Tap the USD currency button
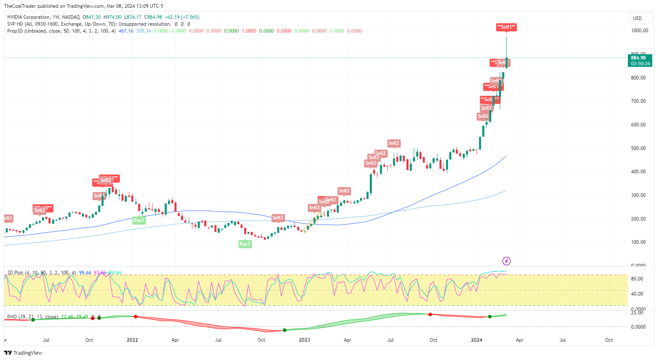click(x=637, y=18)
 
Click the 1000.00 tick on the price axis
click(x=639, y=31)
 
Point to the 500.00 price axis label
click(x=638, y=148)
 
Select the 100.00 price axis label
click(x=638, y=242)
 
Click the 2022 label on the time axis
click(x=132, y=340)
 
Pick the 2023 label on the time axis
click(x=304, y=340)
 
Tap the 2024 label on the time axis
click(x=476, y=340)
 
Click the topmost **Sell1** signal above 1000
click(x=506, y=27)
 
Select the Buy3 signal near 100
click(x=245, y=244)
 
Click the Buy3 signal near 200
click(x=139, y=220)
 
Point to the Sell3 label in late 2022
click(x=278, y=218)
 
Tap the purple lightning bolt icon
click(x=506, y=261)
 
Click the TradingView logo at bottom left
click(x=23, y=353)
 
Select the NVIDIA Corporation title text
click(x=29, y=17)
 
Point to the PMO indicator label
click(x=12, y=317)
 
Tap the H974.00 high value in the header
click(x=112, y=17)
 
